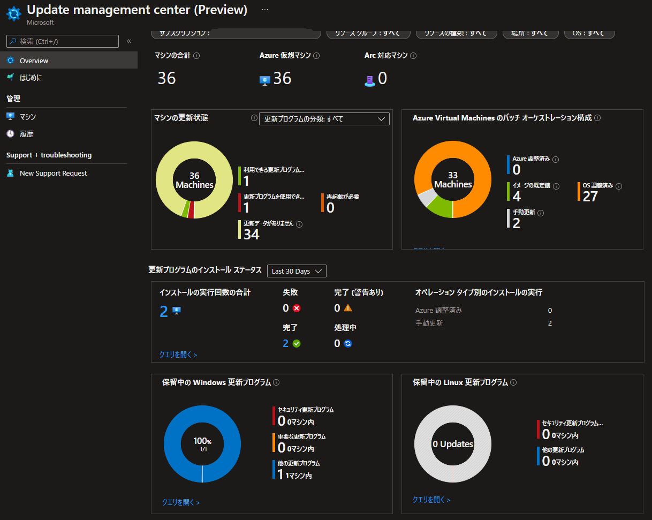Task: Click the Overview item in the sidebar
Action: pyautogui.click(x=34, y=61)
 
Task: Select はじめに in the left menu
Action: pyautogui.click(x=31, y=78)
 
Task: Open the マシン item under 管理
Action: pyautogui.click(x=28, y=117)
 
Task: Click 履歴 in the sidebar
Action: pyautogui.click(x=27, y=134)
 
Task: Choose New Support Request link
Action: pyautogui.click(x=53, y=174)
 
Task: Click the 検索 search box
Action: pyautogui.click(x=63, y=41)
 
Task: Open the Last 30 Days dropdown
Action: pyautogui.click(x=297, y=271)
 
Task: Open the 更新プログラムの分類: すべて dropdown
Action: pyautogui.click(x=324, y=119)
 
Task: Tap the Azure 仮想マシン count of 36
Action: pyautogui.click(x=282, y=78)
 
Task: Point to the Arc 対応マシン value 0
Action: pyautogui.click(x=382, y=78)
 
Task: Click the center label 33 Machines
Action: pyautogui.click(x=453, y=180)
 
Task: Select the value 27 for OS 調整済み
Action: pyautogui.click(x=590, y=196)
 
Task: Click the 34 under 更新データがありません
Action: pyautogui.click(x=251, y=234)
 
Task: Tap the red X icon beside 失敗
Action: pyautogui.click(x=297, y=308)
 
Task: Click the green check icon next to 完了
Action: pyautogui.click(x=297, y=343)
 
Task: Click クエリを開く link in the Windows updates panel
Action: pyautogui.click(x=180, y=502)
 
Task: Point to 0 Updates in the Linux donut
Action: pyautogui.click(x=453, y=444)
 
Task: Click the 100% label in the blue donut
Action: pyautogui.click(x=202, y=442)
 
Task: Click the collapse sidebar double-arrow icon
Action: pyautogui.click(x=129, y=41)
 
